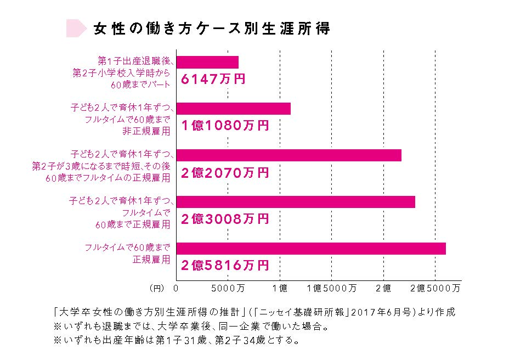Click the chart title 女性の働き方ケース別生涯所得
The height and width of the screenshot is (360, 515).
[x=212, y=29]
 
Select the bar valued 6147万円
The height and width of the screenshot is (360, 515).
[x=207, y=62]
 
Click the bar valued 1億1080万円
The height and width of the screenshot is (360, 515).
[x=233, y=109]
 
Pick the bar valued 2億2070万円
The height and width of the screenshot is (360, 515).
[x=288, y=155]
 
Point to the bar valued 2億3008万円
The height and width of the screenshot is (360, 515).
[x=295, y=202]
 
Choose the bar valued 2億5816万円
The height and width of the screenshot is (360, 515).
[x=310, y=249]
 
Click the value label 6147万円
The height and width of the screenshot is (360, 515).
[x=213, y=80]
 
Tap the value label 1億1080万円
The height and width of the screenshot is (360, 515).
[x=225, y=126]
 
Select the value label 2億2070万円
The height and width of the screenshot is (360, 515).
[x=225, y=173]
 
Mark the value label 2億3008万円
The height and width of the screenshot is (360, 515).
[x=225, y=220]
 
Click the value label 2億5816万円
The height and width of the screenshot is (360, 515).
[x=225, y=266]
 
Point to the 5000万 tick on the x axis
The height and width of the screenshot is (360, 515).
[x=228, y=287]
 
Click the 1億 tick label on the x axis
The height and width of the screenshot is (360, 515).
[x=280, y=287]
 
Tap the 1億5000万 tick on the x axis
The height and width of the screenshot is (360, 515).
[x=332, y=287]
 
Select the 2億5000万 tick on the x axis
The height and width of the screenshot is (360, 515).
[x=435, y=287]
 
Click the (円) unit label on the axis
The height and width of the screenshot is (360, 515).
[x=157, y=287]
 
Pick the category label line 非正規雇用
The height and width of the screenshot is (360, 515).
[x=146, y=131]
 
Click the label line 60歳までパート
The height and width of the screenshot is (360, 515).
[x=140, y=85]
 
